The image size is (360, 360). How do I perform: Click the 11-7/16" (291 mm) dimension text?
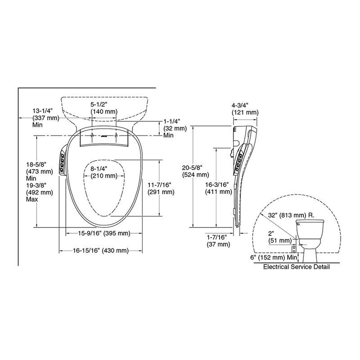(161, 188)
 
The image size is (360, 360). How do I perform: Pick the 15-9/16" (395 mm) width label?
(104, 233)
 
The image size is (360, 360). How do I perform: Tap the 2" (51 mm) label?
(279, 237)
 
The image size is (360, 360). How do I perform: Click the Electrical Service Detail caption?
(296, 266)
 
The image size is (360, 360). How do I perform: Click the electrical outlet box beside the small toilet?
(294, 248)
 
